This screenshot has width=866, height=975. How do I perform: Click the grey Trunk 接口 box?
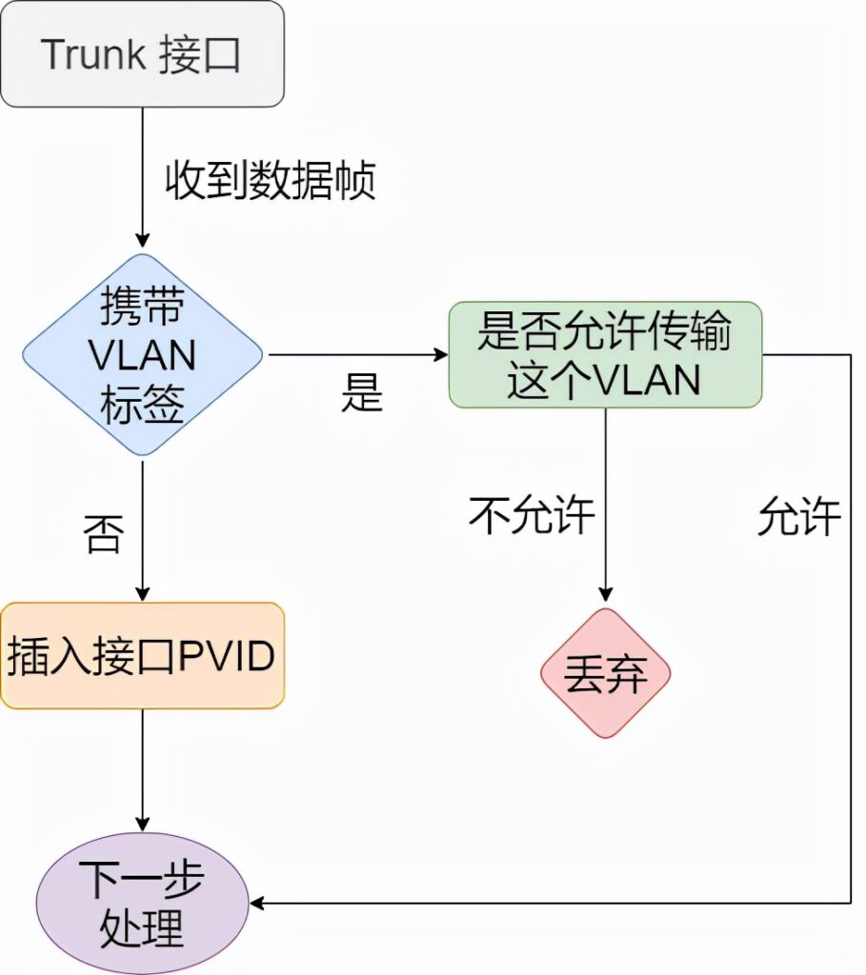[x=142, y=54]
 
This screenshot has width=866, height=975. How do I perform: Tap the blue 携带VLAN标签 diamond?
[x=142, y=355]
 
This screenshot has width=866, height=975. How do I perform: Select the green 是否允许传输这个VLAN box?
[x=605, y=355]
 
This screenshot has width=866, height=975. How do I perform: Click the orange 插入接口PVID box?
[x=142, y=656]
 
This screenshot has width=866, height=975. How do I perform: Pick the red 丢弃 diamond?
[x=606, y=673]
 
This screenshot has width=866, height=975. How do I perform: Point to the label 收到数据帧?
[x=271, y=180]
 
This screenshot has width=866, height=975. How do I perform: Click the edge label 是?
[x=361, y=392]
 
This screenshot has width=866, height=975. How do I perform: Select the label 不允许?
[x=532, y=516]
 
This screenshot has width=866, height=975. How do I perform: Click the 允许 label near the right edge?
[x=798, y=518]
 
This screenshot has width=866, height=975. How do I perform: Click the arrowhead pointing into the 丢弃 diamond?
[x=606, y=596]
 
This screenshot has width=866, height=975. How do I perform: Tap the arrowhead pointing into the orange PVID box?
[x=142, y=592]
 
